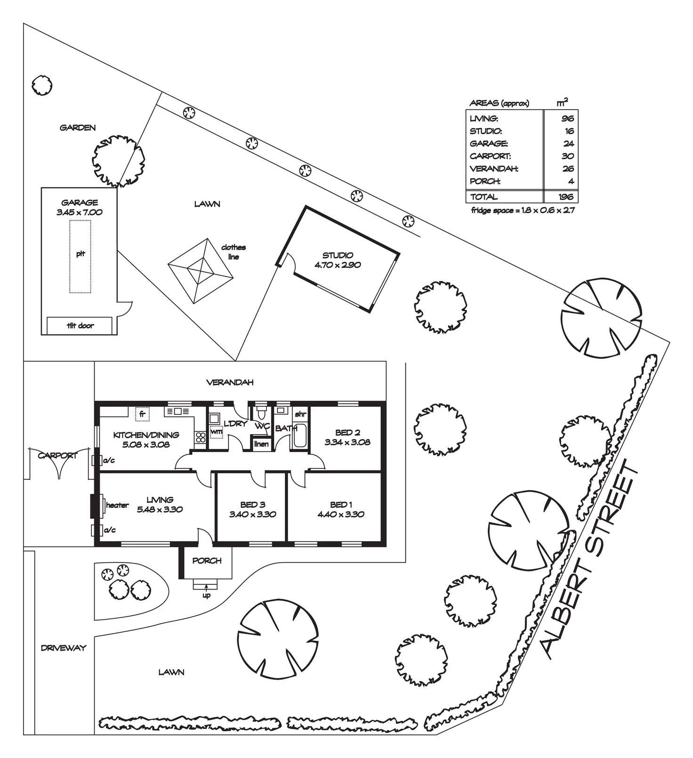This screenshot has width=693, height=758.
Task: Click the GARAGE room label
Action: point(80,202)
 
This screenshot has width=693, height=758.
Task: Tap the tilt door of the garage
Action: point(80,325)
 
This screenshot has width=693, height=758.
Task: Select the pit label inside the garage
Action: point(81,254)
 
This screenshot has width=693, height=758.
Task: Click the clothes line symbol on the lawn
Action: point(201,271)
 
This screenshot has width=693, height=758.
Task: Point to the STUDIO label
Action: point(338,255)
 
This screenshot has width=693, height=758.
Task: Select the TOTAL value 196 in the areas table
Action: point(566,197)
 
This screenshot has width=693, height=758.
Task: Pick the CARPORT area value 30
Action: point(568,156)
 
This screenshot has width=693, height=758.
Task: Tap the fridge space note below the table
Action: point(523,210)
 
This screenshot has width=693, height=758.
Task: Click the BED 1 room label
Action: point(341,505)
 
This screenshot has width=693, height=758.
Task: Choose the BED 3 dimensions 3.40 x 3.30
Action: point(253,515)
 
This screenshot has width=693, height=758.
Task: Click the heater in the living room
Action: point(100,505)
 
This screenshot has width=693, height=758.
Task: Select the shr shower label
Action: point(300,414)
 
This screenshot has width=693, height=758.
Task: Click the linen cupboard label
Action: point(261,444)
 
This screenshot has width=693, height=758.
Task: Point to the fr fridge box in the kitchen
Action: point(142,414)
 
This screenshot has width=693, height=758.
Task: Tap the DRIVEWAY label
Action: point(64,648)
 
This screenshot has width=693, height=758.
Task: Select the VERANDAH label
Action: point(230,382)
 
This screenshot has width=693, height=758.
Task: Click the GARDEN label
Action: point(78,128)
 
